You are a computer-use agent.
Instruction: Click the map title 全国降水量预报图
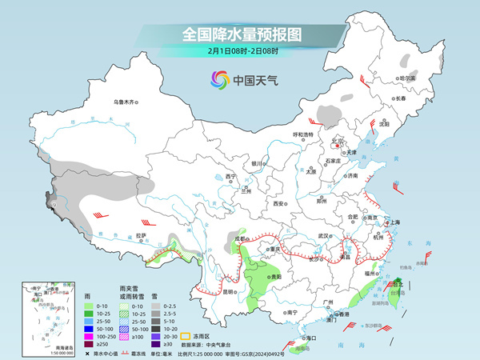(x=240, y=34)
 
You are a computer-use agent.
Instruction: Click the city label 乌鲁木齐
(x=126, y=102)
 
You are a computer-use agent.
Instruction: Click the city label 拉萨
(x=142, y=235)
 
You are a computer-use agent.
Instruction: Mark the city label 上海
(x=394, y=222)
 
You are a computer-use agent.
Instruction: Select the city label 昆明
(x=231, y=291)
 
